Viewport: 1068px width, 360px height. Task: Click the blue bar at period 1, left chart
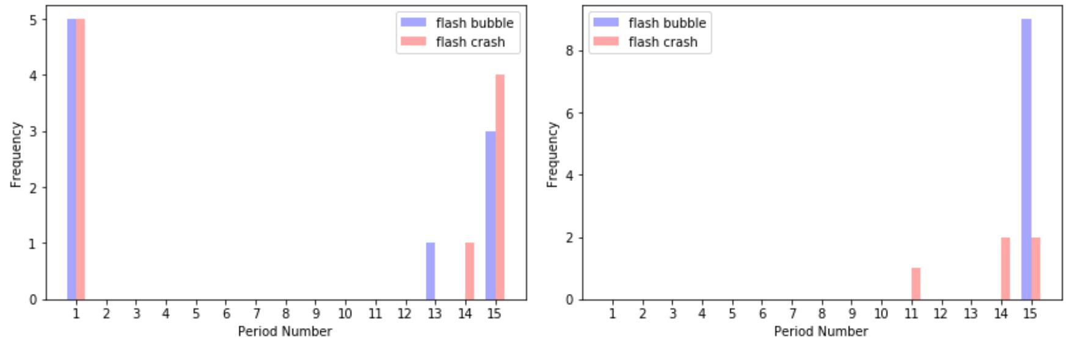point(71,159)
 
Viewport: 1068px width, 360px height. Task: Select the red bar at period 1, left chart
point(81,159)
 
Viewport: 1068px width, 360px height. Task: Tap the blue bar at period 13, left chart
point(430,271)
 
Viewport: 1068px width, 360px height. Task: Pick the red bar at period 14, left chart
point(469,271)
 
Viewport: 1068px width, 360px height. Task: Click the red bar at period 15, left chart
point(500,187)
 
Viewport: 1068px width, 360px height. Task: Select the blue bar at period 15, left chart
point(490,215)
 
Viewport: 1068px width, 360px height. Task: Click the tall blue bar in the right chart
point(1026,159)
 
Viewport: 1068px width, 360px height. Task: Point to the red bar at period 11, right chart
point(915,284)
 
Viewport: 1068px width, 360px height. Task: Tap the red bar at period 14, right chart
point(1005,268)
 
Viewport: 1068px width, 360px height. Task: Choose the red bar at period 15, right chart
point(1036,268)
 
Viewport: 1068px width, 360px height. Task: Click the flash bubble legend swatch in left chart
point(413,23)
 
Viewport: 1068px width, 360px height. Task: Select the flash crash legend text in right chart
point(663,42)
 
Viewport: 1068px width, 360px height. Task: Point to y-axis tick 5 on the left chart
point(34,20)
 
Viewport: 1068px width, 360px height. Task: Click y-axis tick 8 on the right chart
point(569,51)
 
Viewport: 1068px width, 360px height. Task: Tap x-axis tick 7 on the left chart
point(256,314)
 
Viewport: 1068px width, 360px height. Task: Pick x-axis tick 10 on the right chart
point(880,314)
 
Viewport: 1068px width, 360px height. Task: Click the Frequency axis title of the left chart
point(16,154)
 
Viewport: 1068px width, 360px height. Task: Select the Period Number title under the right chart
point(821,331)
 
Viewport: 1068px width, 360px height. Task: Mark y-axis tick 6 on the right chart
point(569,113)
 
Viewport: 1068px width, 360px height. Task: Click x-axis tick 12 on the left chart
point(404,314)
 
